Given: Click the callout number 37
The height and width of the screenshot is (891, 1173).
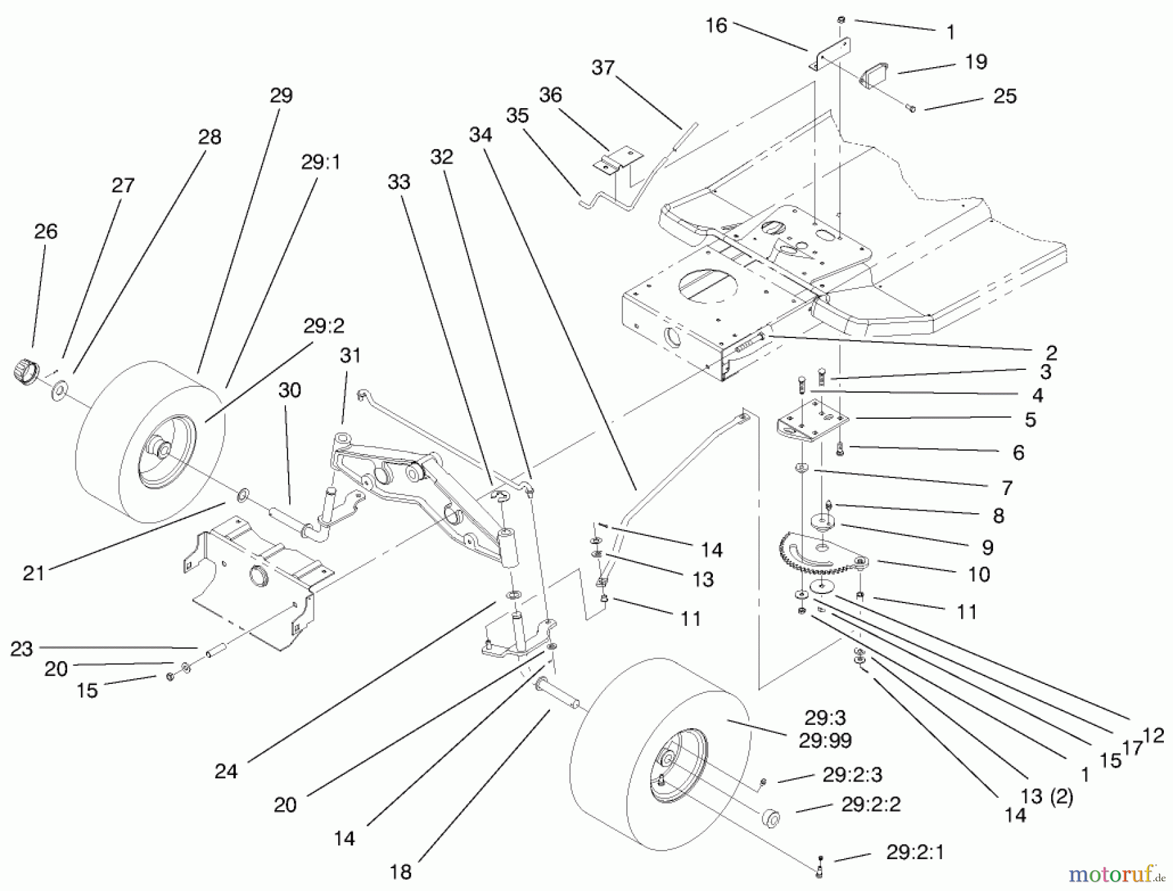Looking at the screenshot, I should click(x=603, y=68).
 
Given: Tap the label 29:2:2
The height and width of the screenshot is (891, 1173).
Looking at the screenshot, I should click(x=871, y=804).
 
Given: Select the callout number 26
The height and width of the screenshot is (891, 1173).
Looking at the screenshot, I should click(x=46, y=231).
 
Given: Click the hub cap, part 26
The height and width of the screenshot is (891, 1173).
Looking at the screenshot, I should click(x=25, y=371).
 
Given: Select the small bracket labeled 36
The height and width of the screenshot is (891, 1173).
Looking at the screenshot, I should click(x=618, y=160).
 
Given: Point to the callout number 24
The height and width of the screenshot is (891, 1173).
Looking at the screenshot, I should click(x=226, y=772).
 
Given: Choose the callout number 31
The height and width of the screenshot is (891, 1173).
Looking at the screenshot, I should click(x=350, y=356).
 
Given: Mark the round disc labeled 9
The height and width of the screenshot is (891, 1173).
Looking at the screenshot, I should click(x=824, y=522).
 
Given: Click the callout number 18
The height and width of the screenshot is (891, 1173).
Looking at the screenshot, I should click(x=401, y=872).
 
